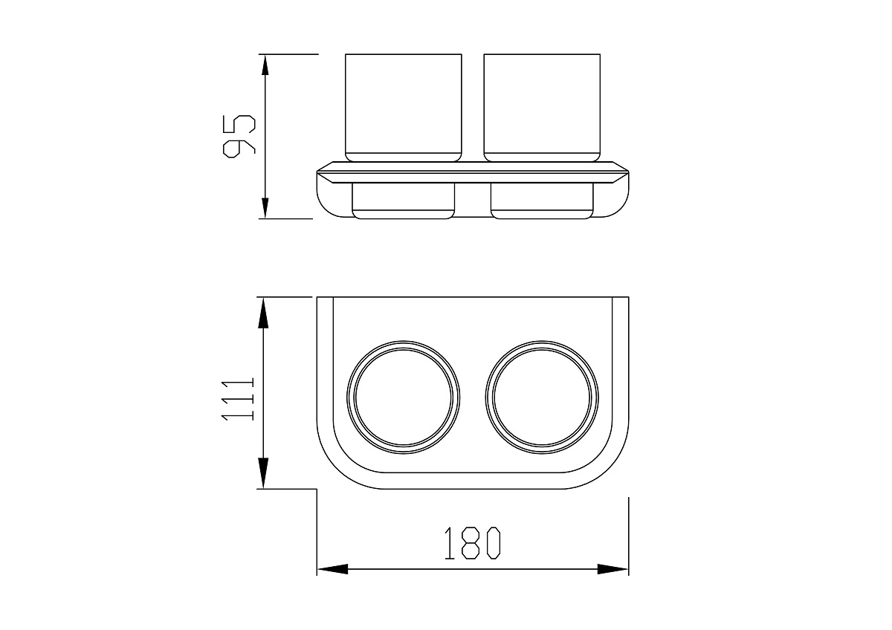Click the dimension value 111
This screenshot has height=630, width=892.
point(238,400)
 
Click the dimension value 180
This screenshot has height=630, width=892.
point(472,543)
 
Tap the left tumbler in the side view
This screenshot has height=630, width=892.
point(404,108)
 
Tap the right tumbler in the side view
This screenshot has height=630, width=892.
point(542,108)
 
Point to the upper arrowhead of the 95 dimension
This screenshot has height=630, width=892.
point(265,65)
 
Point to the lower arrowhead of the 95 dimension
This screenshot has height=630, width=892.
point(265,208)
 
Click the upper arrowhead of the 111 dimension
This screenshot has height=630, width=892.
point(263,314)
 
